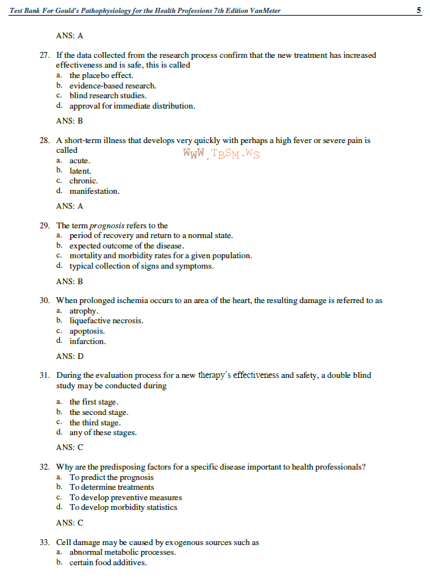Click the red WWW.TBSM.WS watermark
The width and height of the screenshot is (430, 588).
221,154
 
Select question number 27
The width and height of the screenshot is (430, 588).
45,56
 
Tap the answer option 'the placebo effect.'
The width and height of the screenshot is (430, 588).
101,75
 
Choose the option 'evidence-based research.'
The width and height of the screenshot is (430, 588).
113,86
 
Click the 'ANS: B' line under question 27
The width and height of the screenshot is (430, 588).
70,121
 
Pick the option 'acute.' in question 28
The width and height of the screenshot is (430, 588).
80,161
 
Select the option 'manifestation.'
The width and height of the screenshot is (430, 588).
94,191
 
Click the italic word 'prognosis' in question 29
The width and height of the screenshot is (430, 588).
107,226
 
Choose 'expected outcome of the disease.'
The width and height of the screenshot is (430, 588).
126,246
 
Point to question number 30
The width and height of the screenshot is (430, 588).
45,301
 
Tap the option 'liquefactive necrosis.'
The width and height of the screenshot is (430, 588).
106,321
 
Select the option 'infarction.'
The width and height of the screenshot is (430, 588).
88,341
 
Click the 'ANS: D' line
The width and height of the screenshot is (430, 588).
70,356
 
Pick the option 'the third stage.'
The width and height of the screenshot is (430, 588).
95,423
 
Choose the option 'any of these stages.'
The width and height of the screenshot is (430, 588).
103,433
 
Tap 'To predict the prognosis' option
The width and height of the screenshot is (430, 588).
112,477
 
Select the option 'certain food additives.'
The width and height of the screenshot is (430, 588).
108,563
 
